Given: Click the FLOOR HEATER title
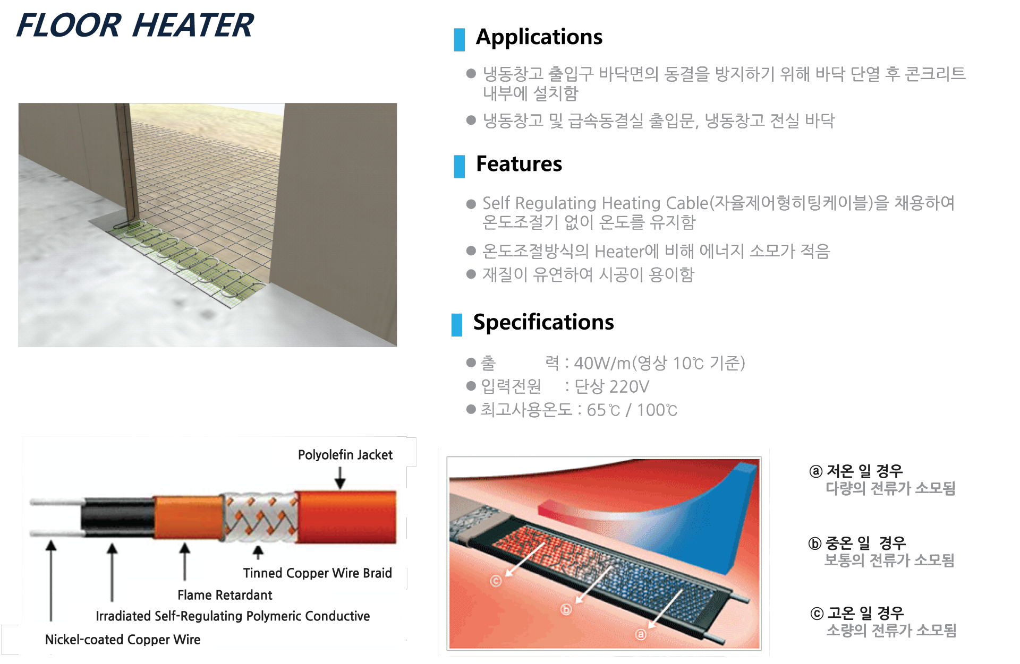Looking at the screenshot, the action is point(135,25).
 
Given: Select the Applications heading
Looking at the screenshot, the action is point(539,37).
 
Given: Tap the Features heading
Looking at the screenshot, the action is point(519,164).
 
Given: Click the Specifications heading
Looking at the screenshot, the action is point(543,323).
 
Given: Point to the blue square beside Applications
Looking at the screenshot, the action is point(460,40).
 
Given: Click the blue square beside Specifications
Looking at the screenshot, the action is point(457,325).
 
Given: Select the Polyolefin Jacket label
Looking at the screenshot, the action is point(345,455).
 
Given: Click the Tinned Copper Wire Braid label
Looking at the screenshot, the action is point(318,573).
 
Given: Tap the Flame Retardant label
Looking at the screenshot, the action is point(225,595).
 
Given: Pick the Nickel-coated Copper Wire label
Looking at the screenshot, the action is point(123,640).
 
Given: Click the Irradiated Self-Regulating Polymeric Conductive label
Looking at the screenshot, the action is point(233,616).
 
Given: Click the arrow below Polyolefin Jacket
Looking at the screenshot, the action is point(340,478).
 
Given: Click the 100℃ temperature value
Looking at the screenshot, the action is point(657,410).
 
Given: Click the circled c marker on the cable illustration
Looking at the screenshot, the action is point(496,581).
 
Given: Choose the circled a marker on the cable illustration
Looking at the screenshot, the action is point(641,634).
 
